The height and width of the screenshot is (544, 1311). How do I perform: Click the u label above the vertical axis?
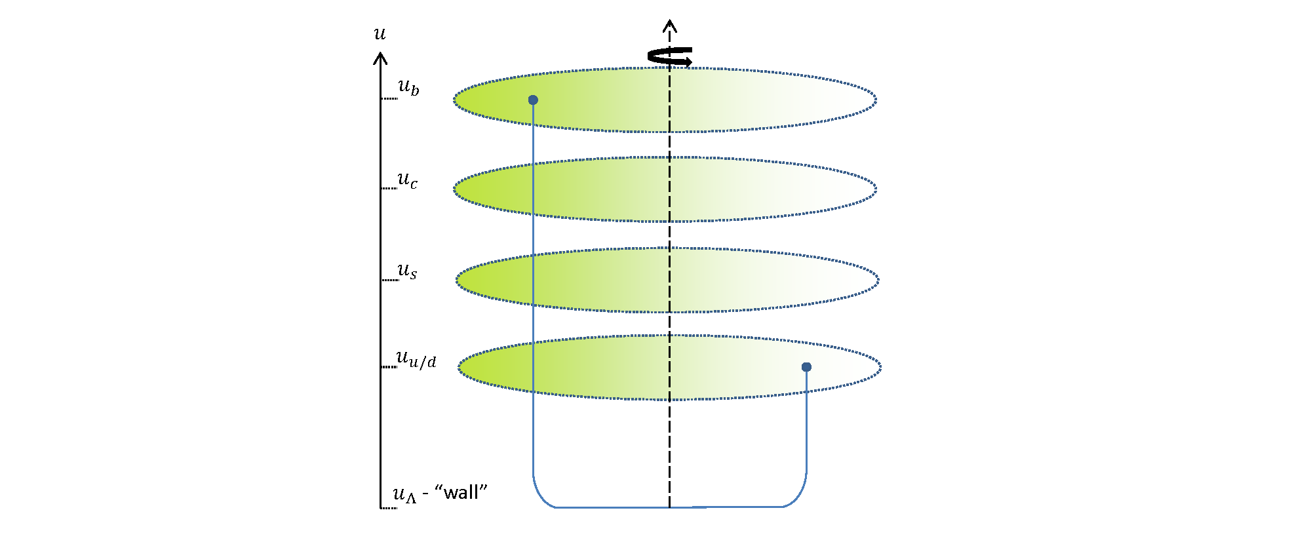[x=380, y=33]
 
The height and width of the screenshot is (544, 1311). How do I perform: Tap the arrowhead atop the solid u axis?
[x=380, y=58]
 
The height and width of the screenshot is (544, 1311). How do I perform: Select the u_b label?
[x=408, y=87]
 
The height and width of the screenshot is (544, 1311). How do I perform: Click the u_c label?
[x=407, y=180]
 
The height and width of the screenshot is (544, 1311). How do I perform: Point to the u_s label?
[x=407, y=271]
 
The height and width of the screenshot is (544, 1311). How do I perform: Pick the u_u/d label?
[x=416, y=359]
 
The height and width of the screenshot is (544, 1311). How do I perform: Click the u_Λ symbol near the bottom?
[x=404, y=494]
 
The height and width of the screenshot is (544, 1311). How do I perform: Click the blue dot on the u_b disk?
[x=533, y=100]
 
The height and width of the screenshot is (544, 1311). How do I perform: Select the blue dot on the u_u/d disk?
[x=806, y=367]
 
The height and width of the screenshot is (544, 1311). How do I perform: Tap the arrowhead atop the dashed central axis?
[x=669, y=26]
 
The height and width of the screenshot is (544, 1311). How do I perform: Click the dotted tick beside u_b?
[x=389, y=98]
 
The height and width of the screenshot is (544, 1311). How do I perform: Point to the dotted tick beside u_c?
[x=389, y=188]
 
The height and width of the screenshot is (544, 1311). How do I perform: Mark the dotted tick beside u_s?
[x=390, y=280]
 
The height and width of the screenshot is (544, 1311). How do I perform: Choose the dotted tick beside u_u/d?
[x=389, y=367]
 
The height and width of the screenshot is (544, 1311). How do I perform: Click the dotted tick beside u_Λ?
[x=389, y=508]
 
